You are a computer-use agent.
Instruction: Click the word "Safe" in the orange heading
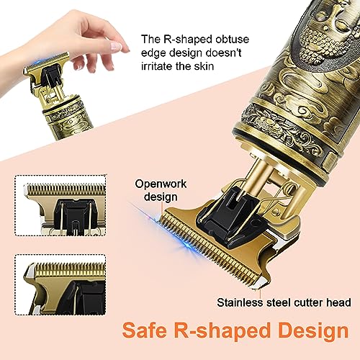click(x=145, y=330)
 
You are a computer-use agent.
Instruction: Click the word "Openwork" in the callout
click(x=161, y=184)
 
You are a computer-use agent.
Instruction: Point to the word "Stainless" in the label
click(x=240, y=302)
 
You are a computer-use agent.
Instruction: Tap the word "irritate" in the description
click(x=156, y=66)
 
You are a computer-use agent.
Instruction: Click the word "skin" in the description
click(x=204, y=66)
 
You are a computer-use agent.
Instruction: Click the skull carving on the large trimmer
click(x=322, y=36)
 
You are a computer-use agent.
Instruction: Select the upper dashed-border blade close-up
click(x=60, y=205)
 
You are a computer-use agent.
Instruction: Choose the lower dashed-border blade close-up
click(x=60, y=284)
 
